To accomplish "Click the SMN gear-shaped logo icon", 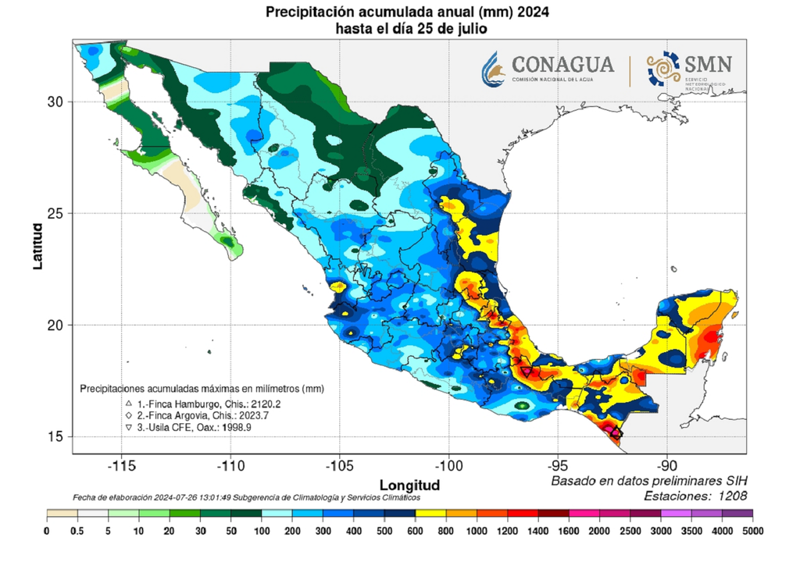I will click(x=662, y=68).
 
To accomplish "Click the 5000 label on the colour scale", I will click(x=752, y=531).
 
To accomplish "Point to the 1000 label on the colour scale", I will click(x=476, y=531).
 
